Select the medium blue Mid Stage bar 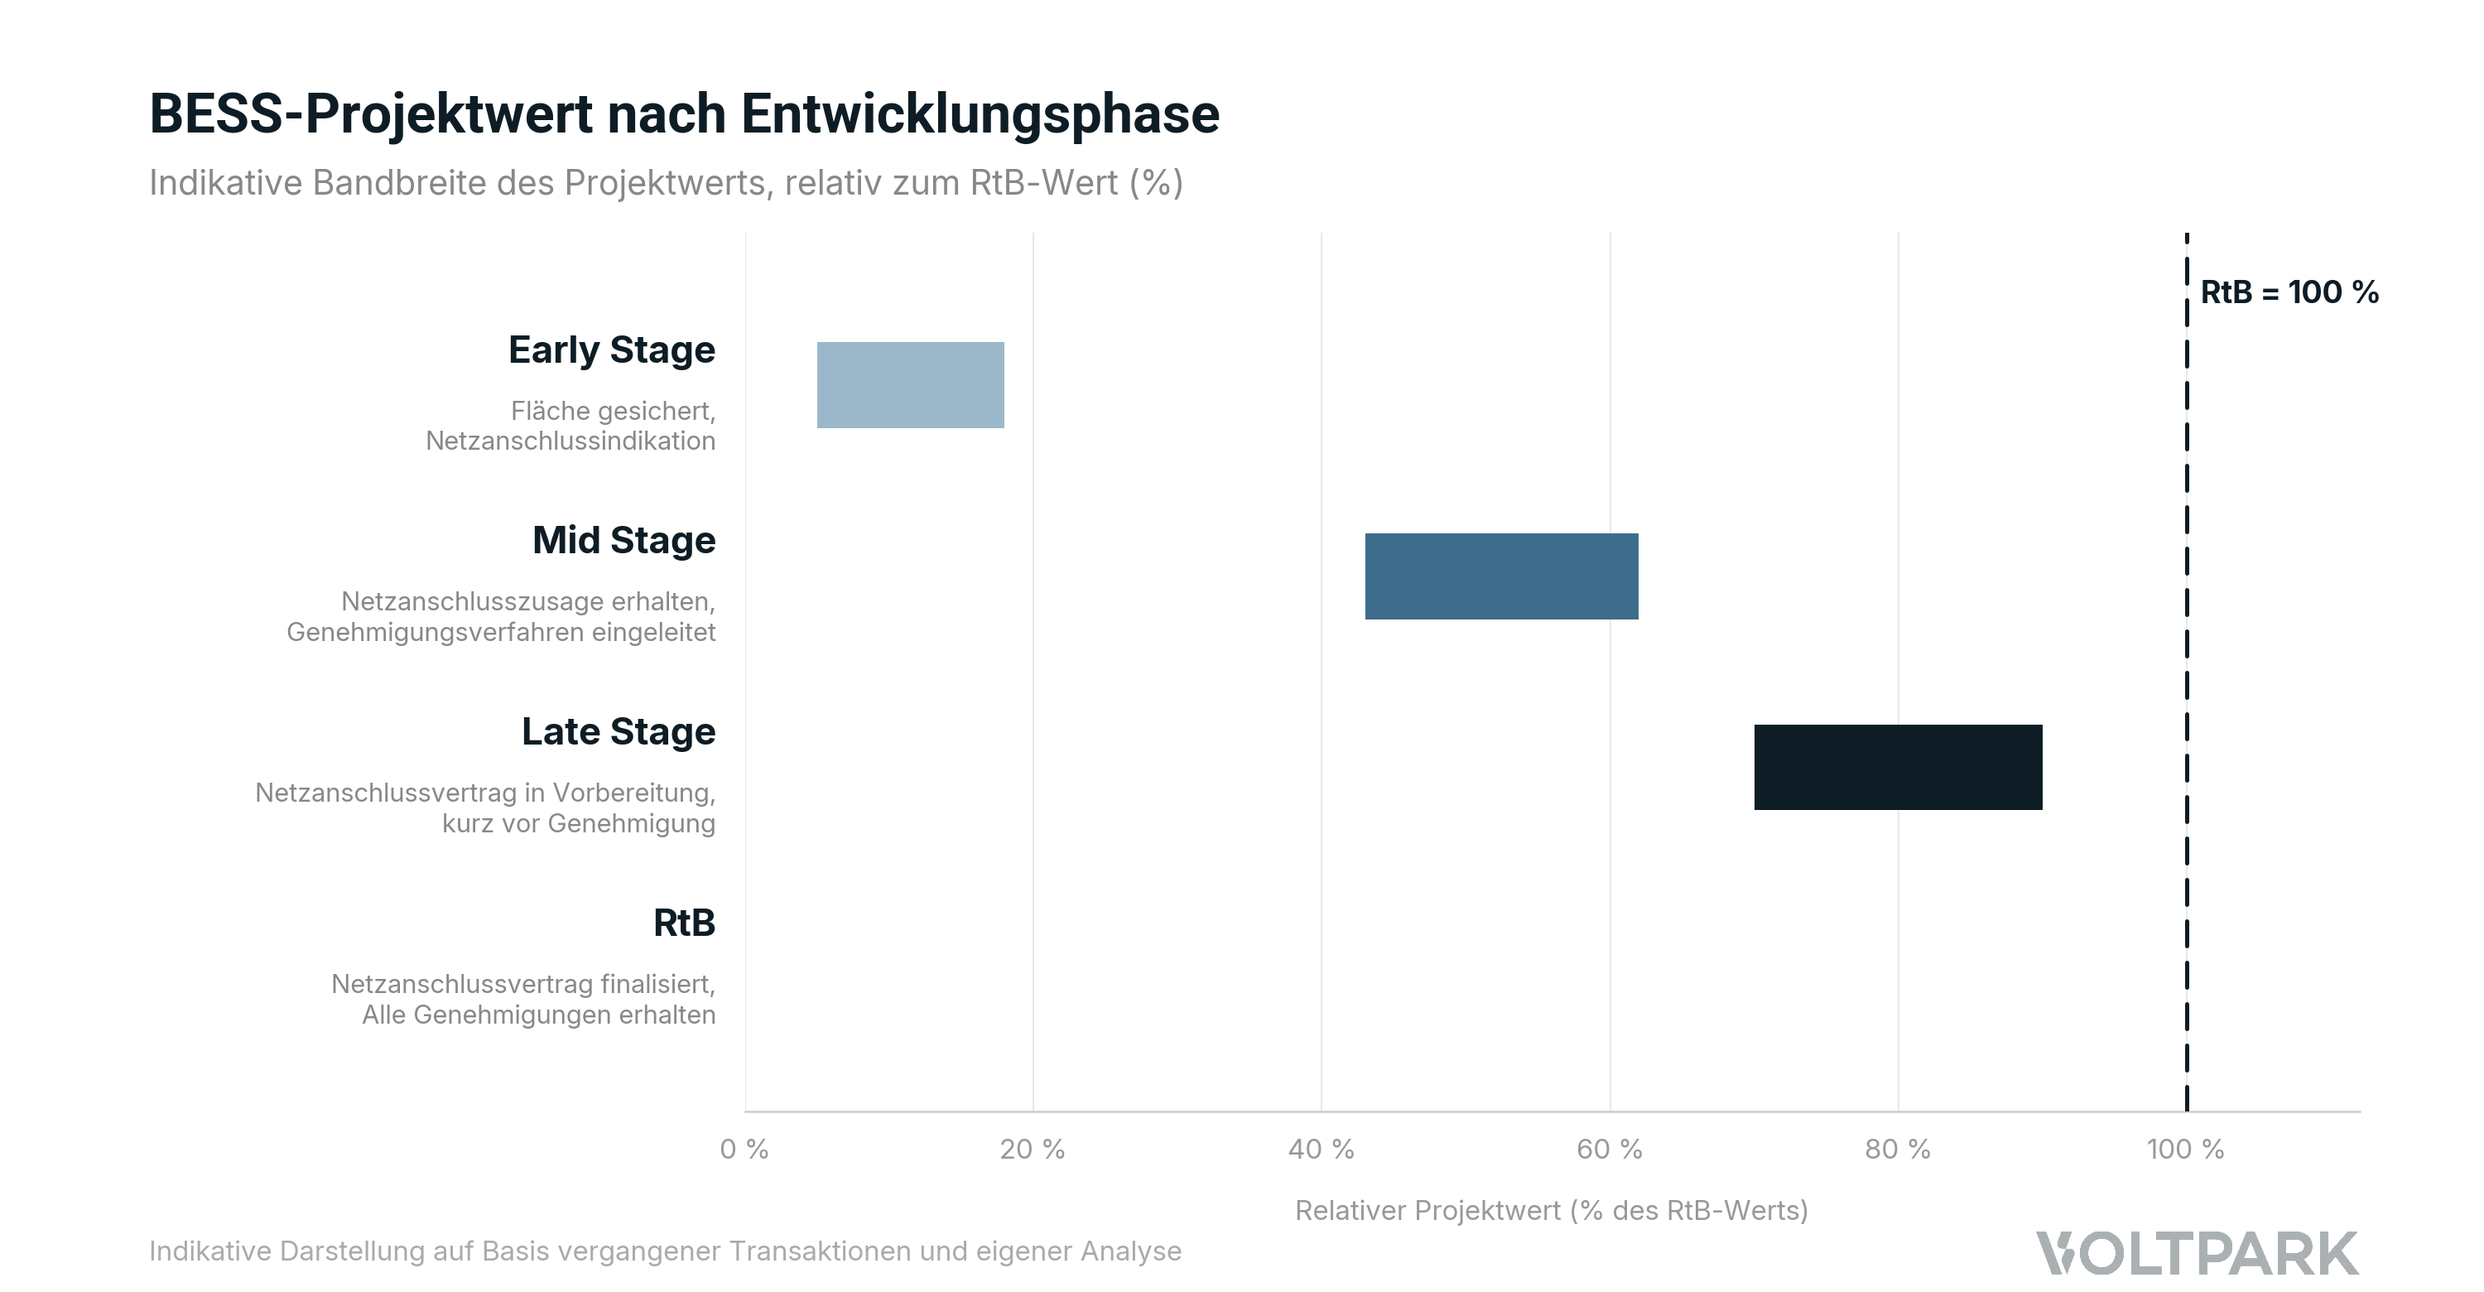(1500, 576)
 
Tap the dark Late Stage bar (1897, 767)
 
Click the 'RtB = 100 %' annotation (2289, 292)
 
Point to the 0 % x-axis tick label (744, 1149)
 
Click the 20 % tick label (1032, 1149)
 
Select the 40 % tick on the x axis (1320, 1149)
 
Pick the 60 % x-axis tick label (1609, 1149)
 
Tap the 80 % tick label (1897, 1149)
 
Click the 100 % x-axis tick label (2184, 1149)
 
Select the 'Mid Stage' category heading (623, 540)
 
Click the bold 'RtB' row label (684, 923)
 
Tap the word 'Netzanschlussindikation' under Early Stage (570, 441)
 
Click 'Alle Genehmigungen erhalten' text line (538, 1015)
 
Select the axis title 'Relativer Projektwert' (1551, 1210)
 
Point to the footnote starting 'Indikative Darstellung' (664, 1251)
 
